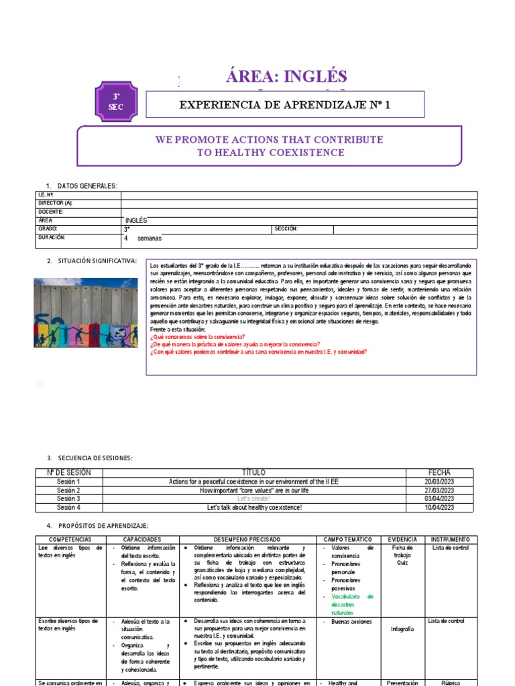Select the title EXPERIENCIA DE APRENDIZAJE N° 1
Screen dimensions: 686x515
[285, 105]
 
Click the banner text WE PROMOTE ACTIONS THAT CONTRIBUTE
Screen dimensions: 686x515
[270, 139]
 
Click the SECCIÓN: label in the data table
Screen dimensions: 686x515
[286, 228]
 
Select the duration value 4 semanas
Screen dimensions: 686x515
[143, 238]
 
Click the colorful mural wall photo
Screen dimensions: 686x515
[85, 313]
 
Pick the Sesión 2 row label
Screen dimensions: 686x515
[68, 490]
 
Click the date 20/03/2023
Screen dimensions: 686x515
[439, 482]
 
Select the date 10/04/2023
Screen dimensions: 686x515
[439, 508]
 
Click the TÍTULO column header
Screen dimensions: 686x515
[253, 472]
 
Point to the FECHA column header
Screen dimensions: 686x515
[439, 472]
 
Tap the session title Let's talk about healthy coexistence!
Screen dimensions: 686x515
[253, 508]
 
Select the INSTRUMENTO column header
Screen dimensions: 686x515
[451, 539]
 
